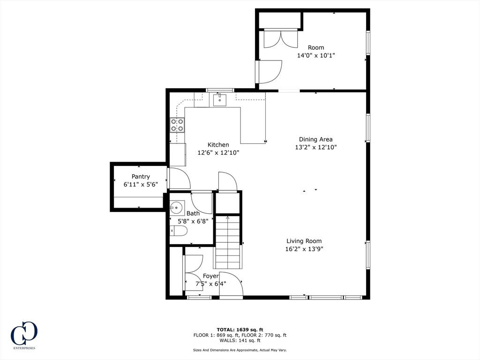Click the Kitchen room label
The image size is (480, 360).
click(218, 145)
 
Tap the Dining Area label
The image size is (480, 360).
click(315, 139)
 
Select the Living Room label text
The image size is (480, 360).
click(304, 241)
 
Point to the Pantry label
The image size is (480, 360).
click(141, 177)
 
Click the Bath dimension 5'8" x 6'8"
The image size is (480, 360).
click(193, 221)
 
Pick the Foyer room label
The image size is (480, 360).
click(210, 276)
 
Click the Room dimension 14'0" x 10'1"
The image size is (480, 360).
click(315, 55)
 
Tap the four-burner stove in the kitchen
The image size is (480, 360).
click(177, 125)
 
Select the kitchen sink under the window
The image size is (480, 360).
click(219, 100)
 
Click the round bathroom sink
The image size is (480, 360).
click(177, 207)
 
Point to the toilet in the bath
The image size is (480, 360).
click(178, 231)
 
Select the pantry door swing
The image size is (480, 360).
click(179, 178)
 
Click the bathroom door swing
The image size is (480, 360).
click(202, 202)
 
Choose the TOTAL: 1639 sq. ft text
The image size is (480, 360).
click(240, 329)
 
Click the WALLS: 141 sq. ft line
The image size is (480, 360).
click(240, 340)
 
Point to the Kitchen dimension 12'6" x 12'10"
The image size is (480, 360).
click(218, 152)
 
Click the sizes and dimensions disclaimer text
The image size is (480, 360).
click(240, 350)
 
